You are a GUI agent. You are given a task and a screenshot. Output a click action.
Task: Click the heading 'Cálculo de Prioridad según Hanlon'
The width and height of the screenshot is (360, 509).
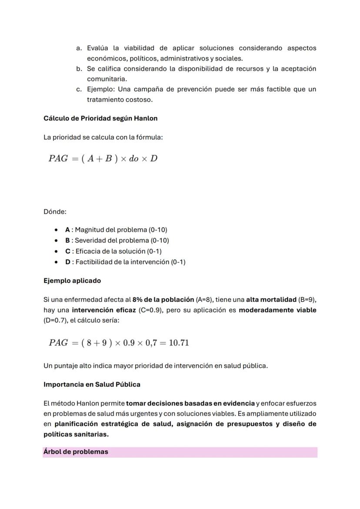tap(100, 118)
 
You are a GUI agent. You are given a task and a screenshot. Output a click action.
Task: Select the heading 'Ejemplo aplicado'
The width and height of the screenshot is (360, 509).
tap(72, 281)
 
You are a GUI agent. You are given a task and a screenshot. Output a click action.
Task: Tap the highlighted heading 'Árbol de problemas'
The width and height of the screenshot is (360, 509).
tap(76, 452)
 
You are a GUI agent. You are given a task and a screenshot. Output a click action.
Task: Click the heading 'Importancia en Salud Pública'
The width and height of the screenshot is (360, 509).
tap(92, 385)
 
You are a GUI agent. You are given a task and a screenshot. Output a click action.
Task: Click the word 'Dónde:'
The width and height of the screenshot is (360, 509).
tap(55, 212)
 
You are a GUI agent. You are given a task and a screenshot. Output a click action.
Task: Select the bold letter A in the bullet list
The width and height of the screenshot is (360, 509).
tap(67, 230)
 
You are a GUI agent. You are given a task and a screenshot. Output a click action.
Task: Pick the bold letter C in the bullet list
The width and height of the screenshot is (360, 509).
tap(67, 251)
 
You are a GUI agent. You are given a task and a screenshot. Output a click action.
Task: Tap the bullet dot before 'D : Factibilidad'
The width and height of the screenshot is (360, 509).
tap(57, 262)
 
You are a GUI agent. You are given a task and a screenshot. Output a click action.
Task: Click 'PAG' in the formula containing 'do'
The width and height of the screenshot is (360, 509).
tap(58, 158)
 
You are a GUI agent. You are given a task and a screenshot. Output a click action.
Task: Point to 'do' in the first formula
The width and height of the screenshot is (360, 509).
tap(134, 159)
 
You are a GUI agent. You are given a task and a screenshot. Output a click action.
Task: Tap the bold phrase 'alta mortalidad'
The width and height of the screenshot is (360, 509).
tap(271, 299)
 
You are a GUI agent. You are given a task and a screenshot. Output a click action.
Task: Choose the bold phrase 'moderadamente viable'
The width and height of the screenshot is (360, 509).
tap(277, 310)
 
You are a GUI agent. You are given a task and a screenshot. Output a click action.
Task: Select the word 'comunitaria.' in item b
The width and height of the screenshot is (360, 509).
tap(107, 79)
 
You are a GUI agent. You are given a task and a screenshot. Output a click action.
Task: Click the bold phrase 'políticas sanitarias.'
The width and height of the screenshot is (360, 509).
tap(76, 434)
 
